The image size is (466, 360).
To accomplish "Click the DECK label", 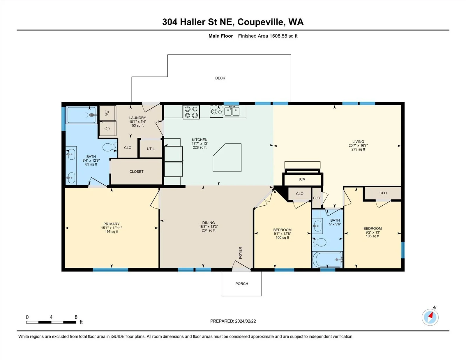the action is click(220, 78).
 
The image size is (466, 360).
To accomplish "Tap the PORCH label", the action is click(242, 284).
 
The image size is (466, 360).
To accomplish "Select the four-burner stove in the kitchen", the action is click(191, 112).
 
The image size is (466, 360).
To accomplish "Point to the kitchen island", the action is click(227, 158).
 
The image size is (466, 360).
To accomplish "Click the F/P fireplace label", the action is click(302, 180).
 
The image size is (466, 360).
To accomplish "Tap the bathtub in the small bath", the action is click(327, 260).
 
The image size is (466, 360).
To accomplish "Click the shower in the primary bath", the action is click(82, 115).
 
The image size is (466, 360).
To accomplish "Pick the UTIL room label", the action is click(151, 149).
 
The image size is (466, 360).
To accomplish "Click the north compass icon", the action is click(430, 317).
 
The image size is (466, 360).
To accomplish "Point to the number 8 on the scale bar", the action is click(76, 317).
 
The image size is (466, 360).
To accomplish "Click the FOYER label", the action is click(240, 253).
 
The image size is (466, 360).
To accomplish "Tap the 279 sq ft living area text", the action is click(358, 149).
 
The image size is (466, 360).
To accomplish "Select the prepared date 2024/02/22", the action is click(245, 321).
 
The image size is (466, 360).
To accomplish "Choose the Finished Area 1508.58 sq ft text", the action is click(268, 36).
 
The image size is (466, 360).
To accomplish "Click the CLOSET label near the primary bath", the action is click(136, 172).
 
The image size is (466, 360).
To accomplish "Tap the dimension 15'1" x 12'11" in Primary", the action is click(112, 228).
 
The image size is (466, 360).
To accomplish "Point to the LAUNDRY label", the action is click(137, 118).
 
